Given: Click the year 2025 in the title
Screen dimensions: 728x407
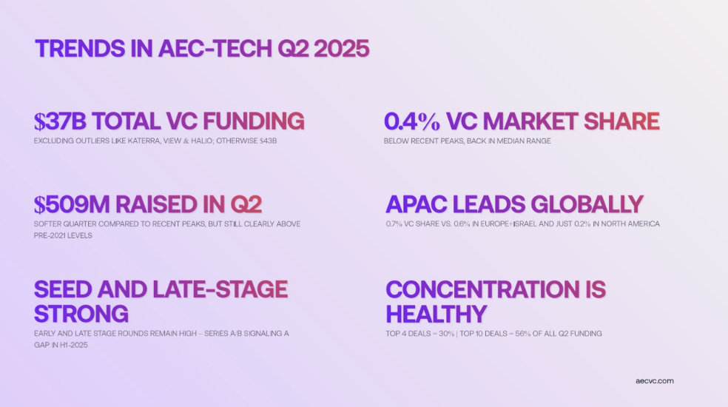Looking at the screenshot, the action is (x=341, y=48).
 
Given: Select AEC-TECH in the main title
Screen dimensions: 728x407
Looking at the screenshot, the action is (x=215, y=48).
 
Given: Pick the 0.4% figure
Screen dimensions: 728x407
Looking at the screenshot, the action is (x=412, y=121).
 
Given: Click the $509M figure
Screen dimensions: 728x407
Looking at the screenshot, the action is (x=72, y=204).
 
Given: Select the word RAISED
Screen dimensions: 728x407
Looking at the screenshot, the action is (x=156, y=204).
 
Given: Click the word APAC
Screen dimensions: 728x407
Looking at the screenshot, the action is (x=417, y=204).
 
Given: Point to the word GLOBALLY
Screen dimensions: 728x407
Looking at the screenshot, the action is (x=587, y=204).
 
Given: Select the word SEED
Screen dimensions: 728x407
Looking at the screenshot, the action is (x=63, y=289).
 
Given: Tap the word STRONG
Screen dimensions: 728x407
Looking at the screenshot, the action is (x=81, y=314).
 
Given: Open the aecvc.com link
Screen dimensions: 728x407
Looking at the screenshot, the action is (x=655, y=381).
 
